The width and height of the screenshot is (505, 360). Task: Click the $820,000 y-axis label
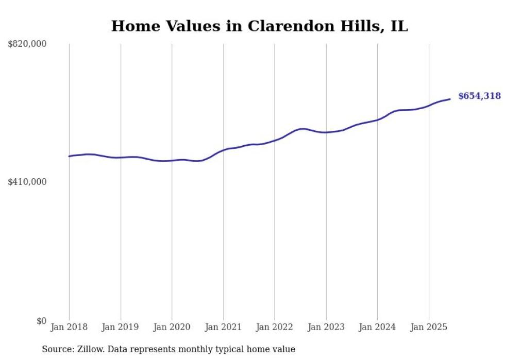pos(27,44)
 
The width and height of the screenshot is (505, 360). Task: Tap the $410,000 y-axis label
pos(27,182)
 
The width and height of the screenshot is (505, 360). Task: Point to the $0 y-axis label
pos(41,321)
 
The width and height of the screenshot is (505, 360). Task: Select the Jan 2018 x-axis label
pos(69,327)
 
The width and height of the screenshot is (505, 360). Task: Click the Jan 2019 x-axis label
pos(121,327)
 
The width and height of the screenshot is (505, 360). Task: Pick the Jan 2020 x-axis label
pos(172,327)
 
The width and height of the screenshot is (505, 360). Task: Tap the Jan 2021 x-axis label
pos(223,327)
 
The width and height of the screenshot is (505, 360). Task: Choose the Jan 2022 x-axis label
pos(275,327)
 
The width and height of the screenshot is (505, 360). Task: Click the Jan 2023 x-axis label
pos(326,327)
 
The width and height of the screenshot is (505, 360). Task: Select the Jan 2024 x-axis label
pos(377,327)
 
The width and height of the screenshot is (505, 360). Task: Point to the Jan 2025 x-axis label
pos(429,327)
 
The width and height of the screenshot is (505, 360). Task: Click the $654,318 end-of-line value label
pos(479,96)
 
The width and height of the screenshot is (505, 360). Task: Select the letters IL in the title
pos(399,26)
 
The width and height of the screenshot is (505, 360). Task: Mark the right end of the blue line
pos(450,99)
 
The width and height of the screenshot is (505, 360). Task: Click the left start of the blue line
pos(70,156)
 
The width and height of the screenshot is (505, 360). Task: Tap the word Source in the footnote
pos(57,349)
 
